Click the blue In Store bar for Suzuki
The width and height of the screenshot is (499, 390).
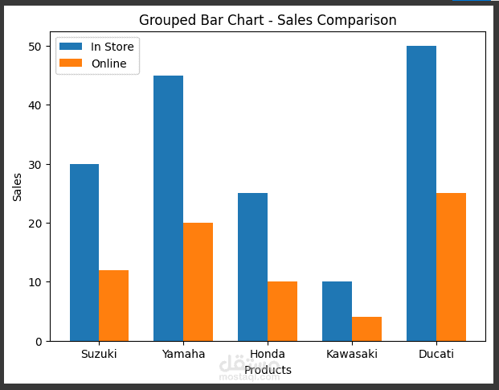point(84,252)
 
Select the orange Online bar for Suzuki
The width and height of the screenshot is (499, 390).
point(114,306)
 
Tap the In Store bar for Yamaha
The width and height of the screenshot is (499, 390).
point(169,208)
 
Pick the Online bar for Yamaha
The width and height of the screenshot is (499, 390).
point(198,281)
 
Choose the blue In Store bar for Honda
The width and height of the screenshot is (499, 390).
point(253,267)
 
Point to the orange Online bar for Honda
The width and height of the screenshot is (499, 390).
point(283,311)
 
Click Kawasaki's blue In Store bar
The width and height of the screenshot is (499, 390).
point(337,311)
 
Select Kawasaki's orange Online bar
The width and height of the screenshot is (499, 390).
point(367,329)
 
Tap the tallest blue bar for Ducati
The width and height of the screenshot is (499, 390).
point(422,193)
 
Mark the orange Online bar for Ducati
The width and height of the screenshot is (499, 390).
point(452,267)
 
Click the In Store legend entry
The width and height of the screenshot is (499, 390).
point(96,47)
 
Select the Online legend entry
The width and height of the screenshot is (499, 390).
point(92,64)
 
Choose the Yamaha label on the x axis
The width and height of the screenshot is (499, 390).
point(183,354)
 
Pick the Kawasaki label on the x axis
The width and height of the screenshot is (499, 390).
point(352,354)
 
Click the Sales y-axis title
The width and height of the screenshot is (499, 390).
point(18,187)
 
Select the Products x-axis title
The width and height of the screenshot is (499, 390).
point(268,370)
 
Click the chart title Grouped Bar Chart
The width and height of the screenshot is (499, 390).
point(268,20)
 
